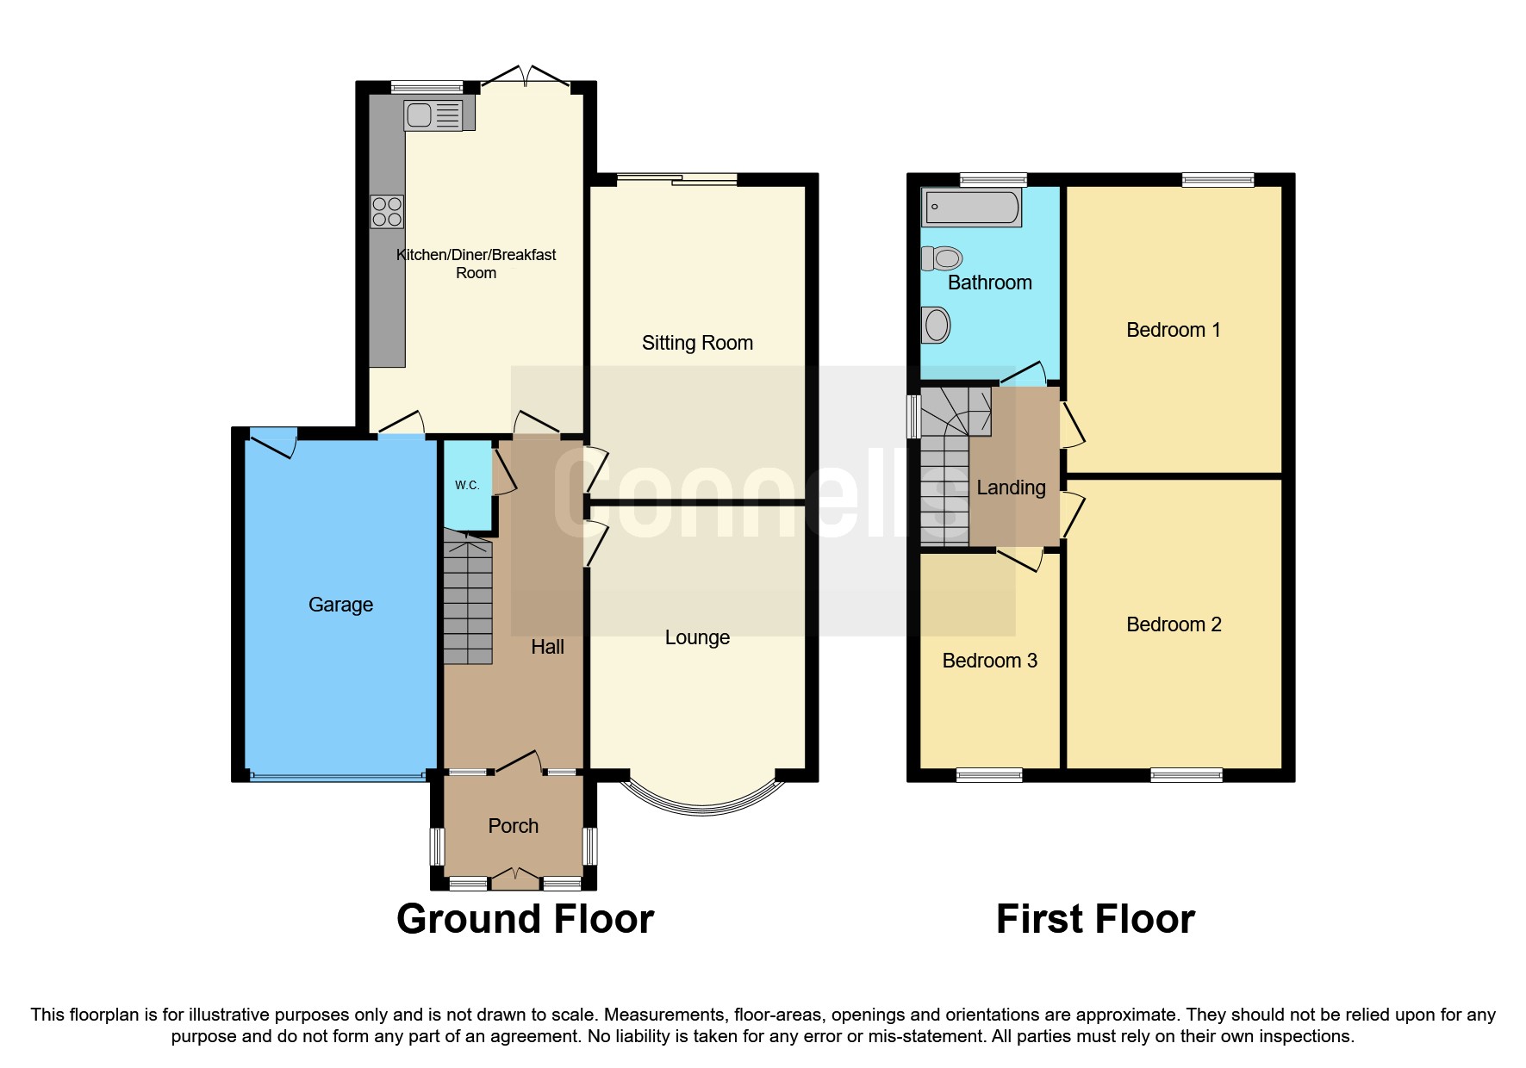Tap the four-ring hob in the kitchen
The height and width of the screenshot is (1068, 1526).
tap(387, 212)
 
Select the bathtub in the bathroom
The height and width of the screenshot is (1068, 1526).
tap(971, 208)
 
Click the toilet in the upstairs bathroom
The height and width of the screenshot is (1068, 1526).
tap(942, 258)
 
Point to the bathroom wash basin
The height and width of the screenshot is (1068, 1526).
tap(936, 326)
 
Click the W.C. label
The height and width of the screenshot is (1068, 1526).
tap(467, 485)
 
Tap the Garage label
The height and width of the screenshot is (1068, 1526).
tap(340, 605)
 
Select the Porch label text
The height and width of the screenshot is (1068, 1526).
tap(513, 826)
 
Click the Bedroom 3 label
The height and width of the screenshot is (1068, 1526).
tap(989, 661)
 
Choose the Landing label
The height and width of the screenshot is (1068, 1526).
tap(1011, 487)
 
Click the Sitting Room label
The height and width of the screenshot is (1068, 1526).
tap(697, 343)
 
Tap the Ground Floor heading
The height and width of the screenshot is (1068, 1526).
tap(525, 919)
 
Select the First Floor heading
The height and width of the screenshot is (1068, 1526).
tap(1094, 919)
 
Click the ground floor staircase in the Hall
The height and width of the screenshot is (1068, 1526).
tap(468, 599)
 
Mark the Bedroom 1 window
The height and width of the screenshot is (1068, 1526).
tap(1218, 179)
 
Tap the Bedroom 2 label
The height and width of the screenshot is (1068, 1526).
tap(1174, 624)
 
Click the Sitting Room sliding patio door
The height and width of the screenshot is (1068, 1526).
tap(677, 179)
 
